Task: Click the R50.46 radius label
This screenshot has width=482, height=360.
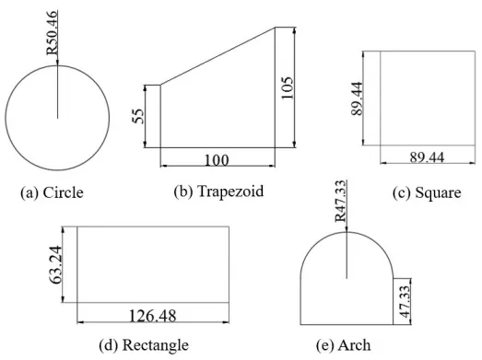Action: click(52, 33)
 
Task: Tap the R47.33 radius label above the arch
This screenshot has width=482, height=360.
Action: click(341, 201)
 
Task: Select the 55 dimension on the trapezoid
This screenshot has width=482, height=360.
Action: click(138, 116)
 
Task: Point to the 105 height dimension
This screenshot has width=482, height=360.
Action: click(287, 87)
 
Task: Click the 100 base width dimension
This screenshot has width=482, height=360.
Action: click(217, 160)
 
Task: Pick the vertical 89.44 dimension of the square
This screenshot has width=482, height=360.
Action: click(357, 99)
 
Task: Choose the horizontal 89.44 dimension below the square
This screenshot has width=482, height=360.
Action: click(427, 157)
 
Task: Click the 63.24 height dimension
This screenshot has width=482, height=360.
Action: click(55, 265)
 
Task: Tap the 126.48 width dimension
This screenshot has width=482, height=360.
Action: click(153, 316)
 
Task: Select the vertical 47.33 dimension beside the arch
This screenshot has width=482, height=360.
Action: click(405, 302)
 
